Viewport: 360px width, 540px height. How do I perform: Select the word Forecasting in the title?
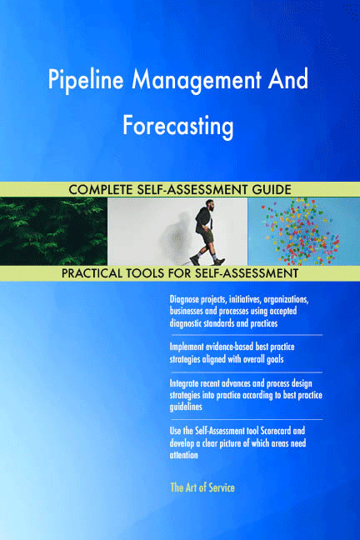177,126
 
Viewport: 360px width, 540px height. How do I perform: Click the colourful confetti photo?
304,232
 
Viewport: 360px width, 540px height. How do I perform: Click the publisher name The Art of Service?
202,487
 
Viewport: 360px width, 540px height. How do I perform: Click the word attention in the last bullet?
183,455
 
